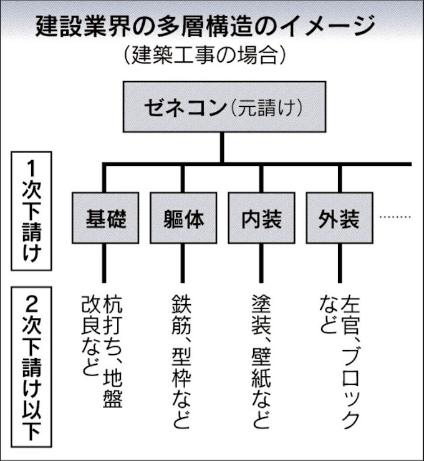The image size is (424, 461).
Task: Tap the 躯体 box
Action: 183,219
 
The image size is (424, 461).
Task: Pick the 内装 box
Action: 261,219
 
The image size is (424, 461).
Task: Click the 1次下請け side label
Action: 35,213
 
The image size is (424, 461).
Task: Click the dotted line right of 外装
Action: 395,218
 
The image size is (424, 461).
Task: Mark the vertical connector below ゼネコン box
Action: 221,149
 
